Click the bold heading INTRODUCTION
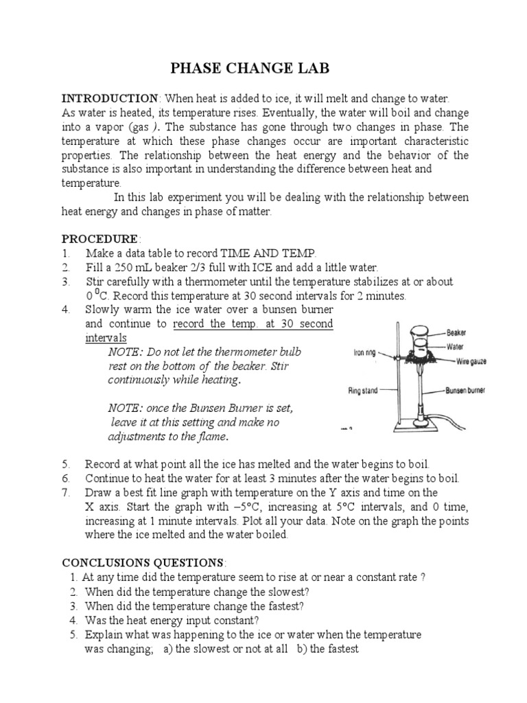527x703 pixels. [110, 99]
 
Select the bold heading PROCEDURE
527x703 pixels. [100, 239]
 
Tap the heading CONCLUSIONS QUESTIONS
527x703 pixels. [142, 562]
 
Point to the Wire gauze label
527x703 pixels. [464, 358]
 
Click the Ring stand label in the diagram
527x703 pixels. [363, 391]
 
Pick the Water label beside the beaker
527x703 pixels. [456, 346]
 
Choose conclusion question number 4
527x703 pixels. [73, 620]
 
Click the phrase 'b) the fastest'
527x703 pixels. [327, 649]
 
